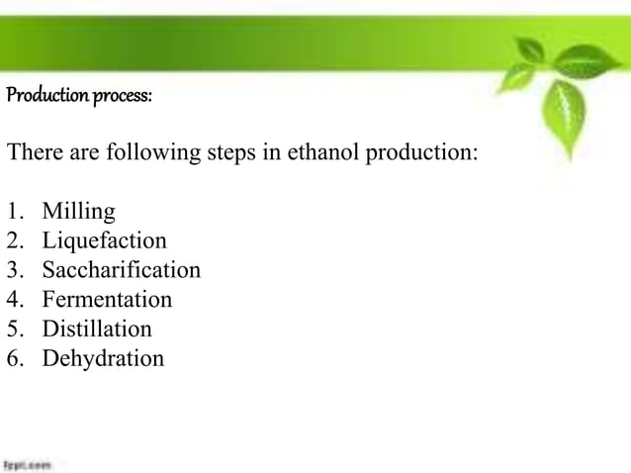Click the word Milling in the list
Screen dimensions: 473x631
[78, 212]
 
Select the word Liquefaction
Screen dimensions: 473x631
[104, 241]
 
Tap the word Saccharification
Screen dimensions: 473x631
[121, 270]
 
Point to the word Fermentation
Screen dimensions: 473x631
[107, 300]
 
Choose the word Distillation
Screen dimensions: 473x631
[97, 329]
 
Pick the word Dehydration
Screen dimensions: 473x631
[103, 358]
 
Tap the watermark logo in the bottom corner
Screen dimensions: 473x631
[26, 463]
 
